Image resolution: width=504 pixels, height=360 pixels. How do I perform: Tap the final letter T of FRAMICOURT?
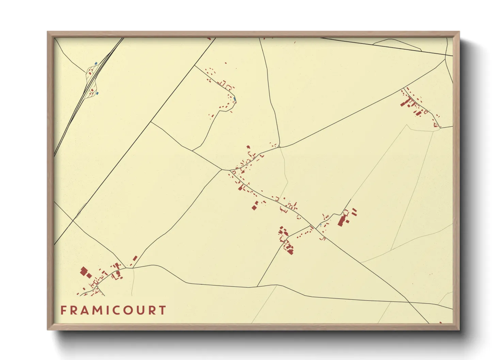click(x=163, y=310)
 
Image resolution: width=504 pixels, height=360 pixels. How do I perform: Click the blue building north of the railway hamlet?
click(x=96, y=63)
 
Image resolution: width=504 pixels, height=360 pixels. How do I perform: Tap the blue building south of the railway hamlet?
click(x=97, y=93)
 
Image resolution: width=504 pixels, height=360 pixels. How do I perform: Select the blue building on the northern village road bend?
click(x=235, y=99)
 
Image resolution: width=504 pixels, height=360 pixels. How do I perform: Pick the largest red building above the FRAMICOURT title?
click(x=84, y=271)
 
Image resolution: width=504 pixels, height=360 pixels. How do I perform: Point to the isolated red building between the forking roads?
click(x=135, y=258)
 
